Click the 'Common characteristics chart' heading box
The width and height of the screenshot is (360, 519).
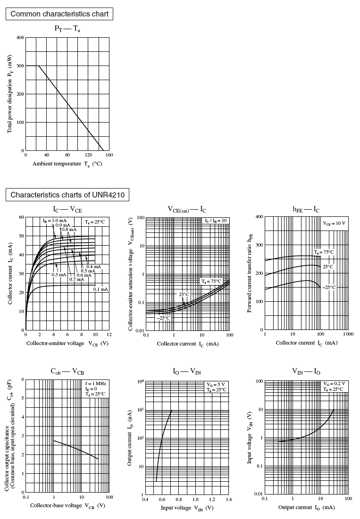pos(59,14)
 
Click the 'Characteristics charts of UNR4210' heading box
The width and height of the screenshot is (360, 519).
pos(67,195)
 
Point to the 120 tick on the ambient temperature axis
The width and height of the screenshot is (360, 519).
pos(88,155)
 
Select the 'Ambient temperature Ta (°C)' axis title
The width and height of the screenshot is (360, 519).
pos(67,164)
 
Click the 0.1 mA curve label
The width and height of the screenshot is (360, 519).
pos(100,289)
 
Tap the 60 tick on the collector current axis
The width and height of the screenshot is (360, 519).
pos(21,217)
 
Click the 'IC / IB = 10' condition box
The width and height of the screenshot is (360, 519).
pos(216,221)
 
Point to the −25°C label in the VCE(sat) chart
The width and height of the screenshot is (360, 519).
pos(163,318)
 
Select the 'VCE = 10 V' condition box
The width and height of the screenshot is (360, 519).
pos(335,223)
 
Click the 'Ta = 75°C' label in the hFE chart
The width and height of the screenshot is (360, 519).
pos(324,252)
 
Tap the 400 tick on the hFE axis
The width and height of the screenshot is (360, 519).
pos(259,217)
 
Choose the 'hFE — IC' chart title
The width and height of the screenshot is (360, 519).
pos(306,209)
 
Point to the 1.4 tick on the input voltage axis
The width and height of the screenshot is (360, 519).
pos(229,499)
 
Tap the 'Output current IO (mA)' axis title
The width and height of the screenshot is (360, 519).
pos(306,507)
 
